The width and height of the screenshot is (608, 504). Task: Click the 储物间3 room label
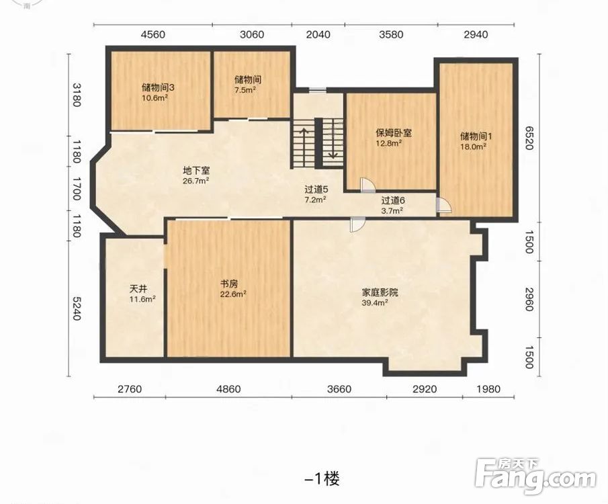point(158,87)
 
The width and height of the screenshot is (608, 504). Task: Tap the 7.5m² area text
point(245,89)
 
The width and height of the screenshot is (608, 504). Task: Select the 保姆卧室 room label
point(394,133)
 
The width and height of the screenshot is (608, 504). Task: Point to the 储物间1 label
point(476,136)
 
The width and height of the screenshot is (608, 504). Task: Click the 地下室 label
point(196,171)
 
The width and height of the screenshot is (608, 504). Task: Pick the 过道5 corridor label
point(316,190)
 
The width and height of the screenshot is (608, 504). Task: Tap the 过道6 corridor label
point(393,200)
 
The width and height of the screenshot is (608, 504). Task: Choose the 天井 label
point(138,289)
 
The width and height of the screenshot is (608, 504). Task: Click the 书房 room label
point(229,284)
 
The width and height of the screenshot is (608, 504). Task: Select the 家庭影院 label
point(380,292)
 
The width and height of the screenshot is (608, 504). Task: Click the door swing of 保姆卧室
point(366,185)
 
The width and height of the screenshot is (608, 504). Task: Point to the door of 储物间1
point(443,205)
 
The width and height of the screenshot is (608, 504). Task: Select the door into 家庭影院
point(357,224)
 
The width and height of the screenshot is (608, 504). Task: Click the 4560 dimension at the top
point(153,34)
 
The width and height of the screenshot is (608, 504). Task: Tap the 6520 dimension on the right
point(529,138)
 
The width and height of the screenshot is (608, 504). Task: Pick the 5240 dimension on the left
point(77,309)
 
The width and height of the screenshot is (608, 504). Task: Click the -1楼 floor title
point(322,479)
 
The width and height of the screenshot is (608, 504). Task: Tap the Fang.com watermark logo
point(535,476)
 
